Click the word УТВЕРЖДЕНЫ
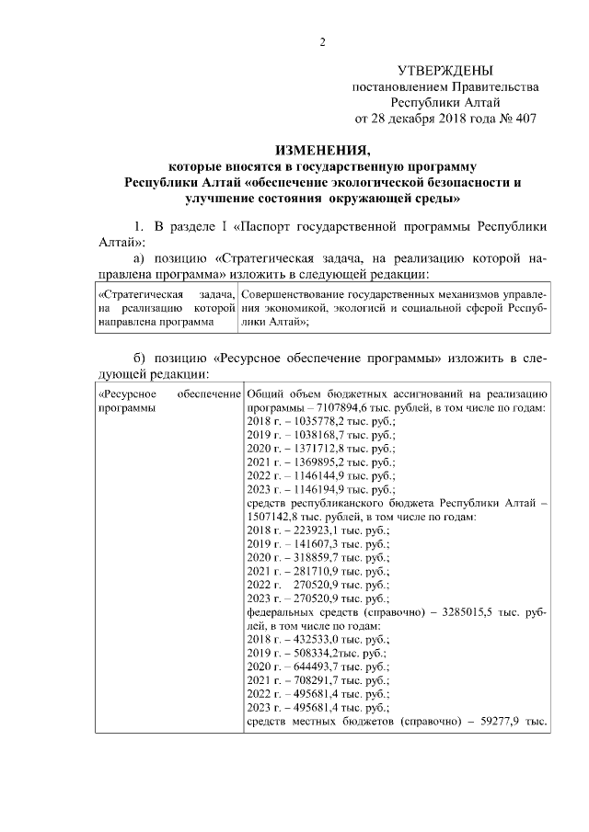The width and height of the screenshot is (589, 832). pyautogui.click(x=445, y=70)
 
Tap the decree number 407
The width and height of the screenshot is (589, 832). pyautogui.click(x=520, y=118)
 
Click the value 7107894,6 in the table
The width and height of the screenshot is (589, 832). pyautogui.click(x=345, y=407)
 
